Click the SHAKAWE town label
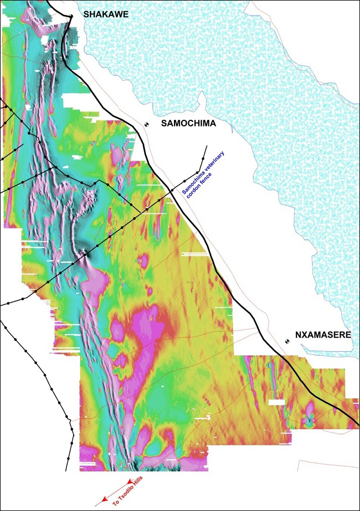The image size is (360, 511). coord(105,15)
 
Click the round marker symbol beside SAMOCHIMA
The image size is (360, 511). coord(147,125)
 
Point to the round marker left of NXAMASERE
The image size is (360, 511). coord(287,342)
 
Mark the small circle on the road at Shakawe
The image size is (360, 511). coord(71,17)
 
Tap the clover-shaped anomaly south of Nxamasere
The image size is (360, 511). coord(310,420)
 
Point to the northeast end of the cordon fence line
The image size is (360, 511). coord(207,146)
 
